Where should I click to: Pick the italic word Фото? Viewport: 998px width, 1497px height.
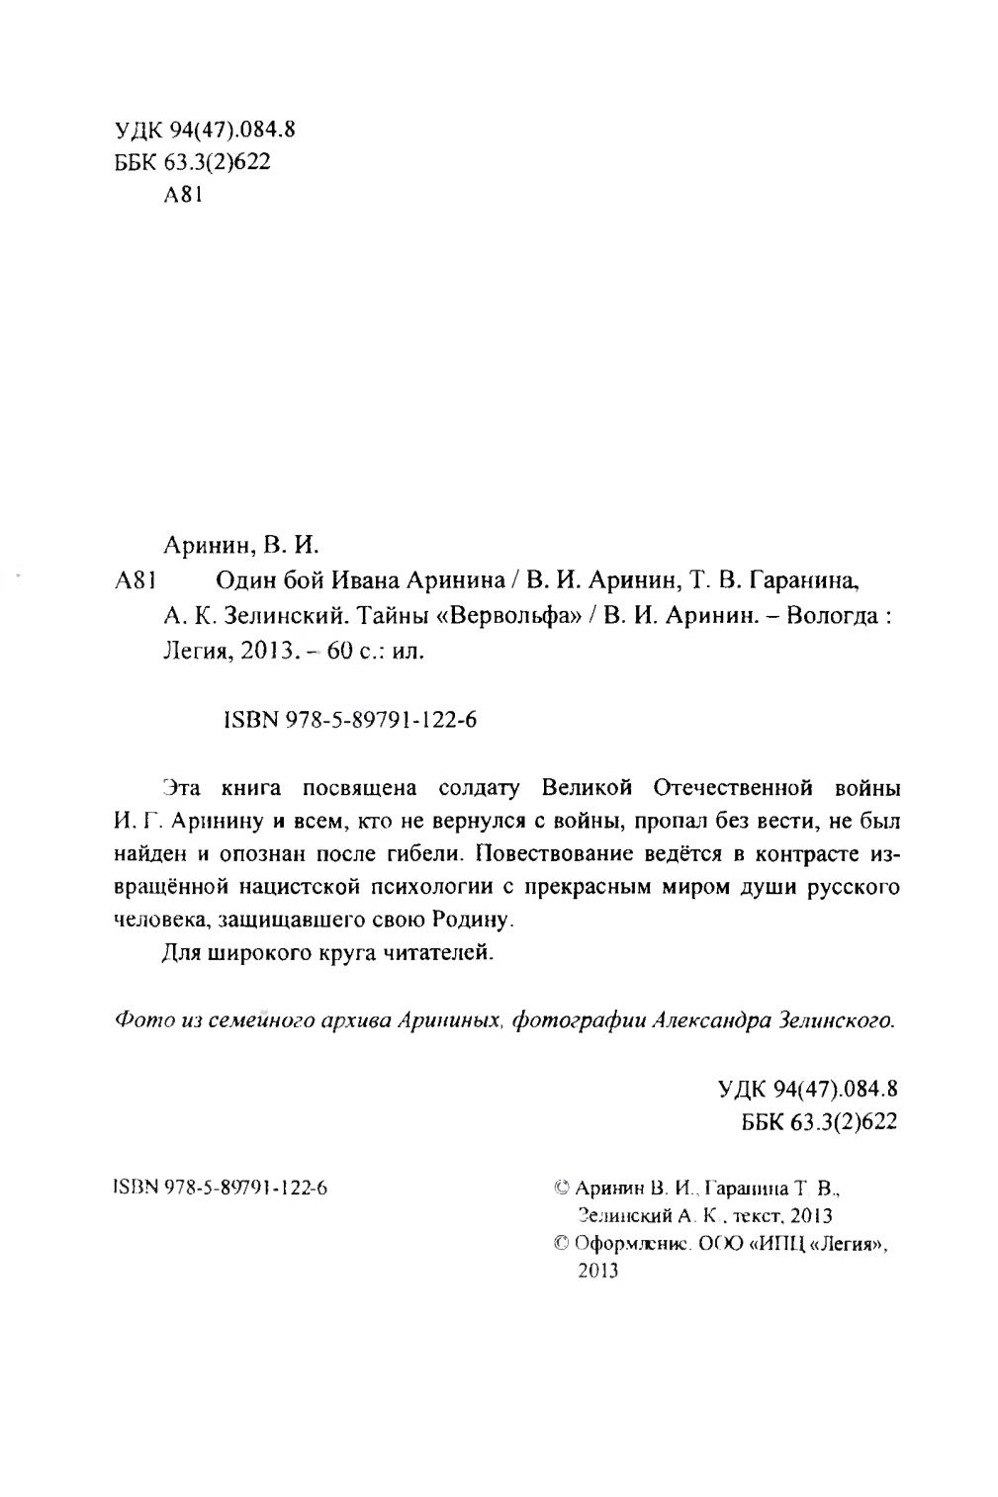(x=138, y=1018)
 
